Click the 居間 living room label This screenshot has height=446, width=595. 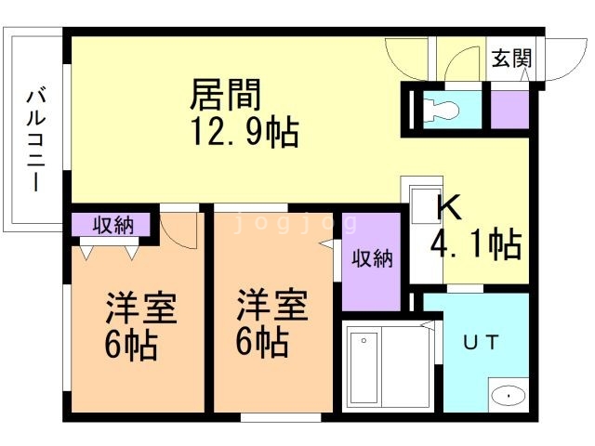(225, 95)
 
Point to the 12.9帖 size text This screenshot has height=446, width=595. (245, 132)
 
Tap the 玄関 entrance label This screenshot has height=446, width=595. (511, 58)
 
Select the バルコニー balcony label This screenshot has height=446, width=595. (36, 139)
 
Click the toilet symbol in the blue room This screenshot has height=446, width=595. (440, 110)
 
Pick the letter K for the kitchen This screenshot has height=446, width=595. (449, 207)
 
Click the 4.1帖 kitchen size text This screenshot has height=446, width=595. (476, 243)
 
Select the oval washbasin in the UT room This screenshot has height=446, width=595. (509, 396)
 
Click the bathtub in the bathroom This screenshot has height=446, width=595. (364, 368)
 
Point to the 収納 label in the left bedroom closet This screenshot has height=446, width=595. (113, 225)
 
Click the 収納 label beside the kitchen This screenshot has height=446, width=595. (372, 258)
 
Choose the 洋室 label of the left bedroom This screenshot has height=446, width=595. (141, 308)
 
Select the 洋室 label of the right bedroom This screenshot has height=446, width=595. (272, 306)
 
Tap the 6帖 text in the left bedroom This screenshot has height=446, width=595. (131, 345)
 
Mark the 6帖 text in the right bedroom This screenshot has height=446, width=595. (262, 342)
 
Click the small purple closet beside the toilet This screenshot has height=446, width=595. (509, 110)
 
